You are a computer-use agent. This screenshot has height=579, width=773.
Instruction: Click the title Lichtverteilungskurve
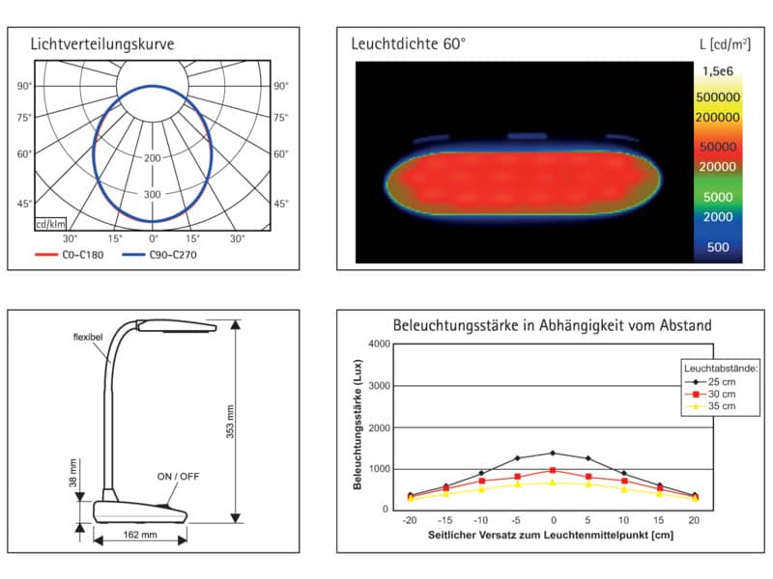(x=102, y=44)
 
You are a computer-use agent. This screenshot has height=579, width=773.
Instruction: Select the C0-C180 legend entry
(x=69, y=255)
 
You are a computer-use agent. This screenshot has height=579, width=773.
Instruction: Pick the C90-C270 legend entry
(x=159, y=255)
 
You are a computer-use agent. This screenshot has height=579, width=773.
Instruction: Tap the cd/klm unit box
(x=50, y=224)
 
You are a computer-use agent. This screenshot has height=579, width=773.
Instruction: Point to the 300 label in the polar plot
(x=153, y=195)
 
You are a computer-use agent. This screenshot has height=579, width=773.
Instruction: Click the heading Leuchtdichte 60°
(x=408, y=43)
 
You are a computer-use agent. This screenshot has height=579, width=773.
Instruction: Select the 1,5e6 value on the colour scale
(x=718, y=71)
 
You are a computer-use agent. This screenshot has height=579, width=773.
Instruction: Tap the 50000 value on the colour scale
(x=718, y=147)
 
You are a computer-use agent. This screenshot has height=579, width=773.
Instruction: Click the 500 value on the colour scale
(x=718, y=247)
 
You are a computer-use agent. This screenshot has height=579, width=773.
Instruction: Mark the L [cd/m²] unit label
(x=725, y=44)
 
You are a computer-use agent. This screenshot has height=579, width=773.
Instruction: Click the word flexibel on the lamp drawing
(x=88, y=337)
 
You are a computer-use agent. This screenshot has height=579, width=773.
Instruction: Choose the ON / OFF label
(x=178, y=477)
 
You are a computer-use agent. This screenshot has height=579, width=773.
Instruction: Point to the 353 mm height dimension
(x=230, y=422)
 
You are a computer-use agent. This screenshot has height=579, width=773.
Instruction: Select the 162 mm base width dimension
(x=140, y=535)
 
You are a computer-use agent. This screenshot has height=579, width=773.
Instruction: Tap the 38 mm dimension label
(x=73, y=473)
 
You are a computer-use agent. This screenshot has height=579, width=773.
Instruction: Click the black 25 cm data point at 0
(x=553, y=453)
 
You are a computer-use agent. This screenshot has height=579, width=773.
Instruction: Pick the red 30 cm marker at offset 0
(x=553, y=471)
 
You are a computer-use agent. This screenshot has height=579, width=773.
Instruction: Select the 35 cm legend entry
(x=710, y=406)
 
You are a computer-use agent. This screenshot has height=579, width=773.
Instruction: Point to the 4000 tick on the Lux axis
(x=379, y=344)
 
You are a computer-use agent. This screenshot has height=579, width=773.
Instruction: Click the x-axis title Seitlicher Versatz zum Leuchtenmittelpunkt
(x=551, y=536)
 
